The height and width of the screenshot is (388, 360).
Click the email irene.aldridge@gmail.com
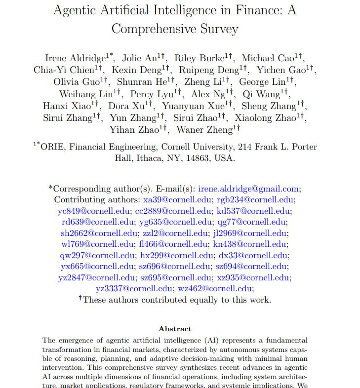pyautogui.click(x=248, y=189)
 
